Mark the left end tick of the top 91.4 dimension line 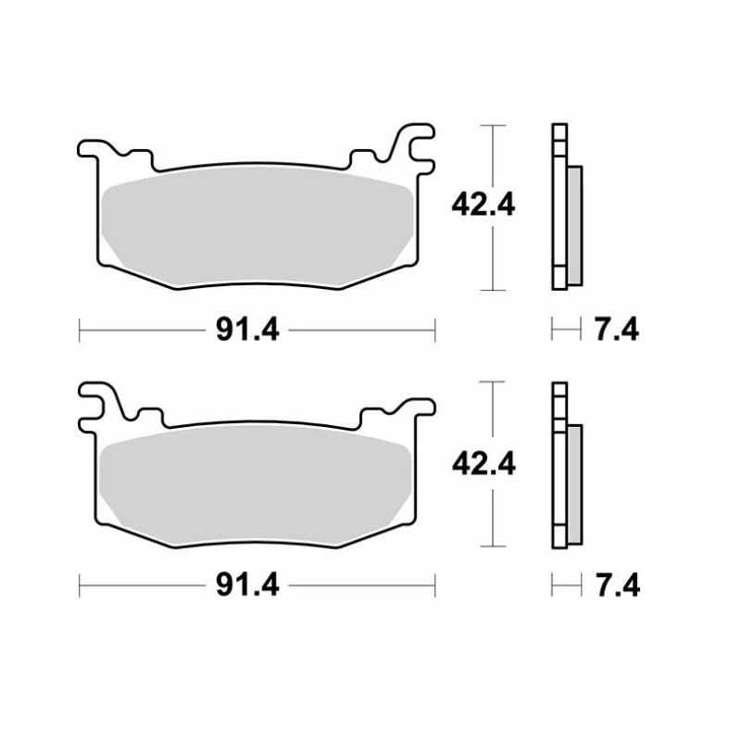tap(81, 328)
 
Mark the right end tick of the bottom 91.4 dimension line tap(433, 585)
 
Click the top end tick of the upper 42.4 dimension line tap(492, 124)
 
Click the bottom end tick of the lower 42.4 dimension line tap(492, 547)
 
